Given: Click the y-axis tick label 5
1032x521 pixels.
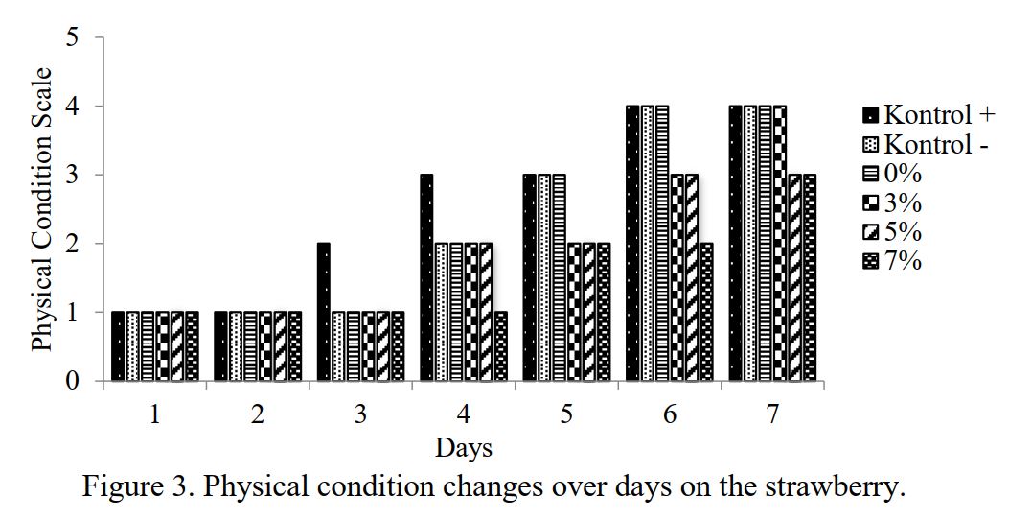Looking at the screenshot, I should click(73, 38).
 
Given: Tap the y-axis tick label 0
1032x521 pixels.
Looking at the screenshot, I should click(73, 382).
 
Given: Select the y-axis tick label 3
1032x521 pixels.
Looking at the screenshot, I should click(73, 176).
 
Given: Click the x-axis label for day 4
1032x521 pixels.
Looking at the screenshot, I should click(464, 414).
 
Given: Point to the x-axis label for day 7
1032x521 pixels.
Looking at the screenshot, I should click(772, 414).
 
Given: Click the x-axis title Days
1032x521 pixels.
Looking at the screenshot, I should click(464, 447).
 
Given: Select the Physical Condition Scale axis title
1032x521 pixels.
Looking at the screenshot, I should click(42, 209).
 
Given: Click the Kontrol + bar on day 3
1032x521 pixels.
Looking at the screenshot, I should click(324, 312).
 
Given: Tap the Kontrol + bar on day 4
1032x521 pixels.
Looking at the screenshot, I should click(426, 278).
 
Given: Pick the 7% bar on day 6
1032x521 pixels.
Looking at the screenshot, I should click(706, 312).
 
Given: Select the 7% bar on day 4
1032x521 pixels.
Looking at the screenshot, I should click(500, 346).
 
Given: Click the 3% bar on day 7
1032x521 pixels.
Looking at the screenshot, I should click(779, 244).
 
